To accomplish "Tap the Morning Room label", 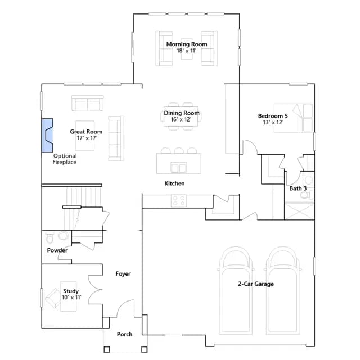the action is [x=187, y=44].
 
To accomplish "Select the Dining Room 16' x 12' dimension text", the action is [x=181, y=119].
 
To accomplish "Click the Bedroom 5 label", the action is [x=273, y=116].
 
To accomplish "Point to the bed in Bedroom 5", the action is [x=294, y=118].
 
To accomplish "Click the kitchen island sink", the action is [x=179, y=167].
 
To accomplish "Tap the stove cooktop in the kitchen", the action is [x=179, y=200].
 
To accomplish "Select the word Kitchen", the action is [x=174, y=183].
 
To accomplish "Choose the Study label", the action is [x=71, y=291].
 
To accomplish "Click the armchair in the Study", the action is [x=53, y=298].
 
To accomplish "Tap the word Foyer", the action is [x=123, y=274].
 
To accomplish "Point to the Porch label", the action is [x=124, y=334].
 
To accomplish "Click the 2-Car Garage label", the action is [x=256, y=283].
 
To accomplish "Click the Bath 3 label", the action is [x=298, y=188].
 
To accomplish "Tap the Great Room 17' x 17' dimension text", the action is [x=87, y=138].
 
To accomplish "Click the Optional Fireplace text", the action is [x=65, y=159].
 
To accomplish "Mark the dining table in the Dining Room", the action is [x=181, y=116].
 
